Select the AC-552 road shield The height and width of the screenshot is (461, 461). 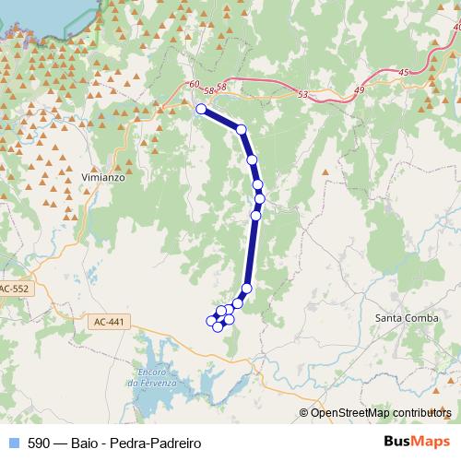coord(14,289)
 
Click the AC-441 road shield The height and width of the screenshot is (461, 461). coord(109,322)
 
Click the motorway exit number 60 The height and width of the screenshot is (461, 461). coord(192,85)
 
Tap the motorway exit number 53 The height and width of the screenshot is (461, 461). coord(303,94)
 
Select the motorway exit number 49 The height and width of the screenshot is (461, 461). coord(359,89)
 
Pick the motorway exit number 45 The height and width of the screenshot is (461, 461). coord(403,72)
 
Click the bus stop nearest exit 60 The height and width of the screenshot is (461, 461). coord(201,109)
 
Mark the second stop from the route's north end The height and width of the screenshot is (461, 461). coord(241,130)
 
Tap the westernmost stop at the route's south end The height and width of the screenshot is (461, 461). coord(209,320)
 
